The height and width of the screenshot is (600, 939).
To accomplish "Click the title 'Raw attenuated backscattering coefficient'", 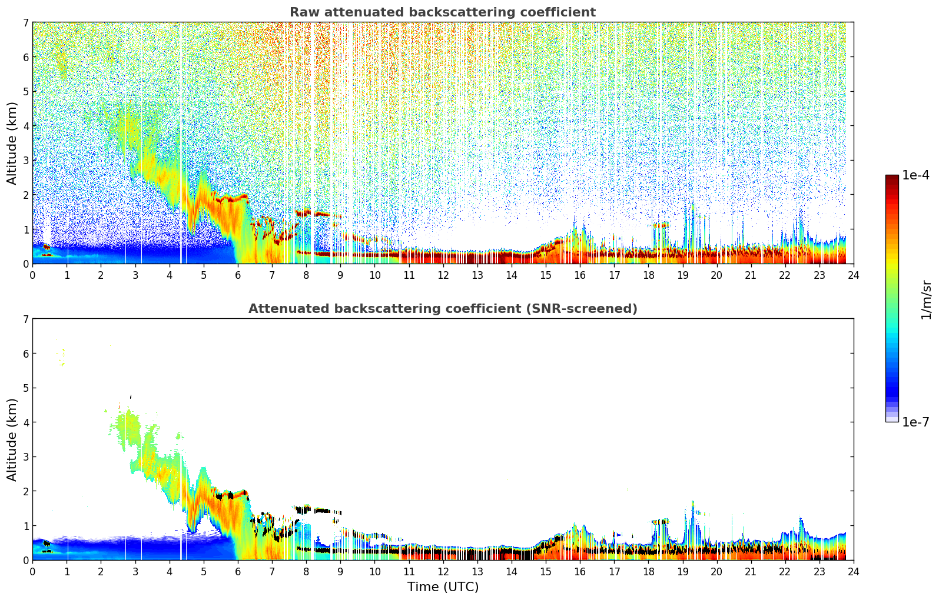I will click(x=442, y=12).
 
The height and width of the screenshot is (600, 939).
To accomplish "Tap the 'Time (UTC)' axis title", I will click(x=443, y=587).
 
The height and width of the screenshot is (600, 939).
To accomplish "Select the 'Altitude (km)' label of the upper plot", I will click(x=12, y=143).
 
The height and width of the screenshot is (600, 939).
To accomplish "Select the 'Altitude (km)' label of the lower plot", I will click(x=12, y=439).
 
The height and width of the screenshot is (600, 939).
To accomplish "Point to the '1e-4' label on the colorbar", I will click(x=915, y=175).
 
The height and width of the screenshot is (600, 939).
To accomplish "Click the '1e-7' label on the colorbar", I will click(x=915, y=422).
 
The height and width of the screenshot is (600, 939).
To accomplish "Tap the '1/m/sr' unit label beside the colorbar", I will click(x=926, y=299).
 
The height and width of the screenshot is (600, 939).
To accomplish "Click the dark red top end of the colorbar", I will click(x=892, y=178).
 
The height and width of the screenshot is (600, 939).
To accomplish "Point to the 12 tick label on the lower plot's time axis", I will click(x=443, y=572).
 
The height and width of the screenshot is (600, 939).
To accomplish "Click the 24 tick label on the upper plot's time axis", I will click(x=853, y=275).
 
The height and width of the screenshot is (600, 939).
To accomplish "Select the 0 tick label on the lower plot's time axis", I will click(x=32, y=572).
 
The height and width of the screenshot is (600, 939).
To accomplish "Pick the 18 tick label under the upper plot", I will click(x=648, y=275).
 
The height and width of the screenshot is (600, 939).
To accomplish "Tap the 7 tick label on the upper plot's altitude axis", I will click(x=25, y=23).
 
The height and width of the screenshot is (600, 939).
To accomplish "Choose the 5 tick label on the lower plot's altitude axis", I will click(x=25, y=388).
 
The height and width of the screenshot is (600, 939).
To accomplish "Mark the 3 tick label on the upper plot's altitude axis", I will click(x=25, y=161).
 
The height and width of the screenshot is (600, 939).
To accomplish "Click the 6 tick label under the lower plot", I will click(x=238, y=572).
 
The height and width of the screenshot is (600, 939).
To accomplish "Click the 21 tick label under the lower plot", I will click(x=751, y=572).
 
